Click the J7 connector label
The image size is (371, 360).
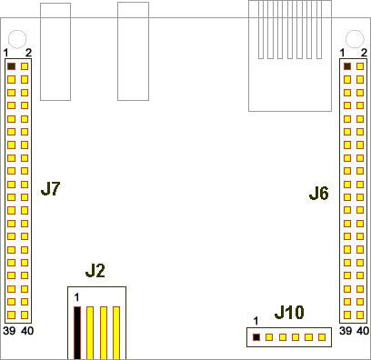(50, 189)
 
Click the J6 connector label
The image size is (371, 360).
(319, 194)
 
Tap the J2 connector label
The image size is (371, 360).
(95, 271)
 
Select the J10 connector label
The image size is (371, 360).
(289, 313)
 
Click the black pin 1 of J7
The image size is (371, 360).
(11, 66)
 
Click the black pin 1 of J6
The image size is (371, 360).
(347, 66)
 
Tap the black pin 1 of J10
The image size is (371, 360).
(256, 337)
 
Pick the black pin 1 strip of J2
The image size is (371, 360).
(77, 333)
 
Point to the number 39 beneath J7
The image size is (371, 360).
(9, 331)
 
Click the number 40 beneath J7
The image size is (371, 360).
(27, 331)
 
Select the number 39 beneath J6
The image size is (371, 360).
(346, 331)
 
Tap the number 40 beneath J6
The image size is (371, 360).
(363, 331)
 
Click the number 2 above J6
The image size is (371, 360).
(364, 53)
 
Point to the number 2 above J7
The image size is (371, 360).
(28, 53)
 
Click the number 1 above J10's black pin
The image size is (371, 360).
(256, 321)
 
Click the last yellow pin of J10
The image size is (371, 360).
(322, 337)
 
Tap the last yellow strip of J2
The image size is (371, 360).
(116, 333)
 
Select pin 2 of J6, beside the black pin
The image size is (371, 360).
(360, 66)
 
